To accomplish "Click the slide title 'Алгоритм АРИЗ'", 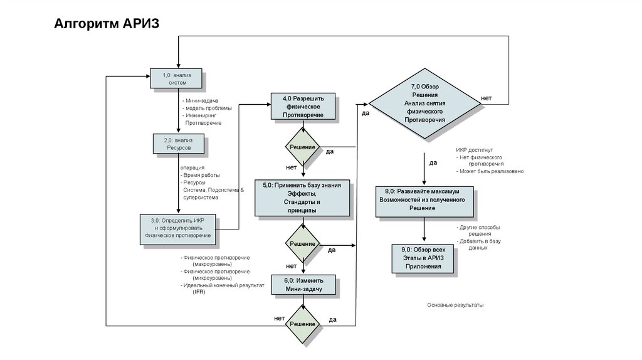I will pos(107,24).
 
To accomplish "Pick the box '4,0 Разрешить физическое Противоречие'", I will pos(303,107).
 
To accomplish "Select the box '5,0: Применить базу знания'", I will pos(302,198).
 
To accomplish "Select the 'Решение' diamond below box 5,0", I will pos(302,243).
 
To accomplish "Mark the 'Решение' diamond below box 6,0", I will pos(302,324).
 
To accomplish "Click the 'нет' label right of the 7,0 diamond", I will pos(487,98).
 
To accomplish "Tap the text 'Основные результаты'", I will pos(456,305).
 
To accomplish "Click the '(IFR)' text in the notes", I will pos(199,292).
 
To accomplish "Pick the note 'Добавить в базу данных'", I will pos(479,245).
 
